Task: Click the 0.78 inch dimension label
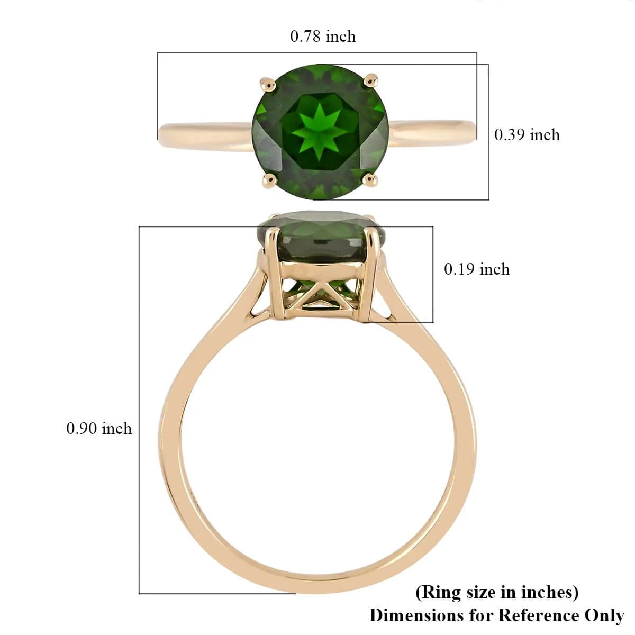click(x=323, y=37)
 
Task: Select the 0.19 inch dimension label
click(x=476, y=269)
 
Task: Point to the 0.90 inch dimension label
click(x=99, y=429)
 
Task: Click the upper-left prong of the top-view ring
click(x=269, y=84)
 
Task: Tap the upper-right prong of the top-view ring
click(x=371, y=81)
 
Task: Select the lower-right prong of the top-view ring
click(x=370, y=180)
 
